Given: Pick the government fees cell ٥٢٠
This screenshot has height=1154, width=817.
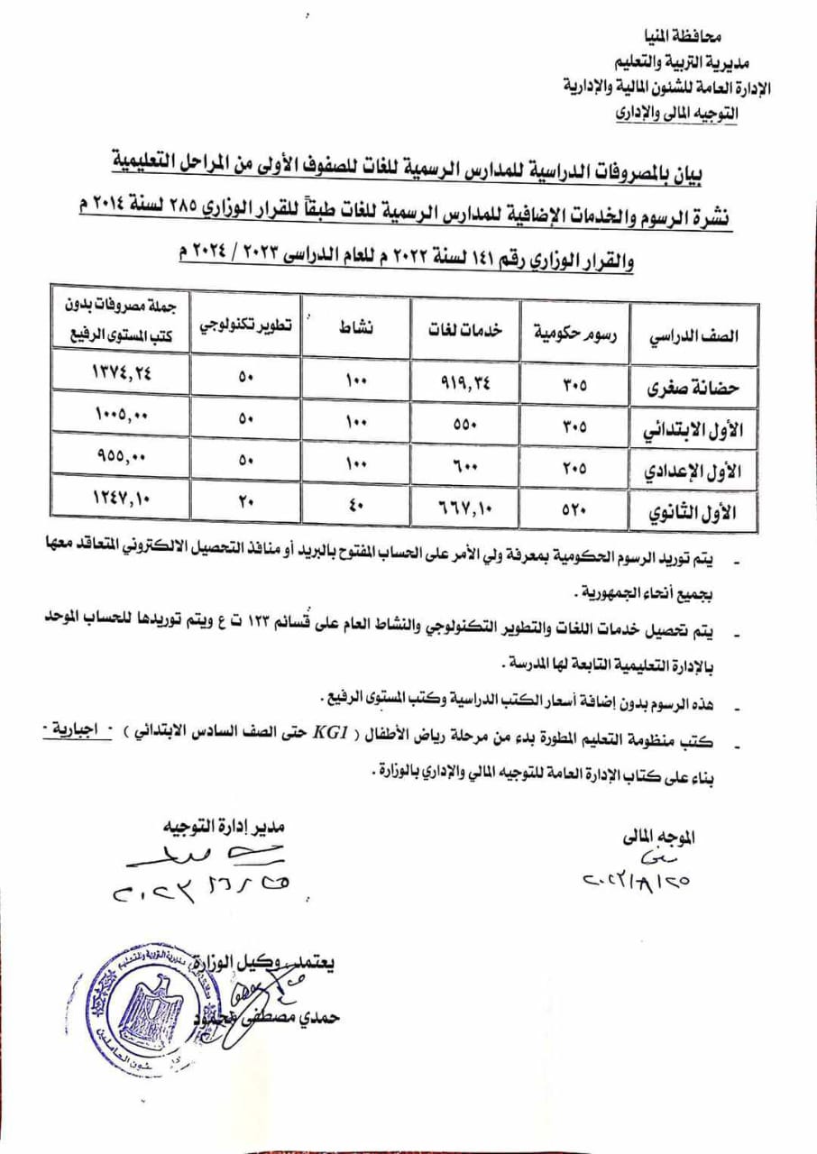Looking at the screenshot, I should point(574,508).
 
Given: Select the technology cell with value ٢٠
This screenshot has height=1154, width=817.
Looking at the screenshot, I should point(247,500).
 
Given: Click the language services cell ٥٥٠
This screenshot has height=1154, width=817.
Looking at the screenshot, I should point(464,423).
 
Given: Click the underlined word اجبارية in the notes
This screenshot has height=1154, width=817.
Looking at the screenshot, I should point(77,728).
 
